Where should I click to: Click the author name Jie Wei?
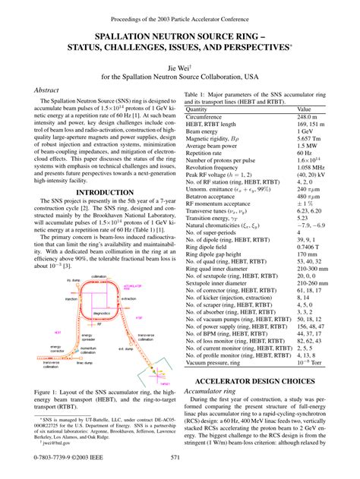(x=180, y=66)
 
